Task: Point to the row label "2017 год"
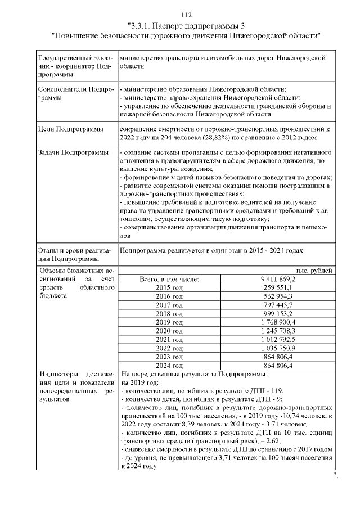(x=169, y=304)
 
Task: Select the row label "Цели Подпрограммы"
(x=70, y=130)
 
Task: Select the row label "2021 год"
(x=169, y=339)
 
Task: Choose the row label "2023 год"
(x=169, y=357)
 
